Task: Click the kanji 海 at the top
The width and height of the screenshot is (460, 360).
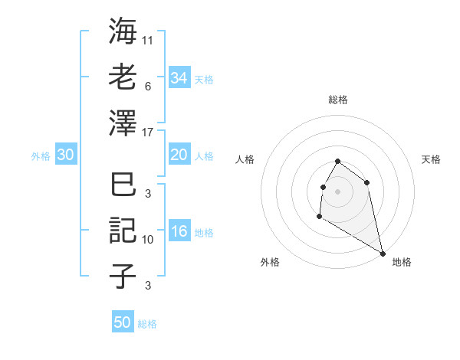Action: pyautogui.click(x=123, y=32)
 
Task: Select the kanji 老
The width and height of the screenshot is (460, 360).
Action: pyautogui.click(x=123, y=77)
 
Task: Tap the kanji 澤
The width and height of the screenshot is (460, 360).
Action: pyautogui.click(x=123, y=123)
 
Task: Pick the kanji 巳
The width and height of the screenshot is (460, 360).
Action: pyautogui.click(x=123, y=185)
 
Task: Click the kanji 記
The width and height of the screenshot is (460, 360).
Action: pyautogui.click(x=123, y=231)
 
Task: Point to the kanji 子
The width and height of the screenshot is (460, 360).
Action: pyautogui.click(x=123, y=275)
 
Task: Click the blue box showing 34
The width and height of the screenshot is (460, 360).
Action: pyautogui.click(x=179, y=78)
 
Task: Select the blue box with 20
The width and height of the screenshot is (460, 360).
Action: pyautogui.click(x=179, y=155)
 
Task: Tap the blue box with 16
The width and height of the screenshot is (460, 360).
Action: pyautogui.click(x=179, y=232)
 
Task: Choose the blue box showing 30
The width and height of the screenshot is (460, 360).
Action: pyautogui.click(x=65, y=155)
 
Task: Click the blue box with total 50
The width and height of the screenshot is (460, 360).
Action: pyautogui.click(x=123, y=322)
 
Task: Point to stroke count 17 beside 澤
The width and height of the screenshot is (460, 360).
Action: pyautogui.click(x=149, y=132)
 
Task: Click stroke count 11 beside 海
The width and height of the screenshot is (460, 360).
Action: pyautogui.click(x=148, y=38)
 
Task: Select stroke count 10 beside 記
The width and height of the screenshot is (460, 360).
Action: pyautogui.click(x=148, y=240)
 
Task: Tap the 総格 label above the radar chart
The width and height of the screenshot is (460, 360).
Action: pyautogui.click(x=337, y=100)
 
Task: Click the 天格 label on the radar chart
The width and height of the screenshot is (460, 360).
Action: pyautogui.click(x=431, y=159)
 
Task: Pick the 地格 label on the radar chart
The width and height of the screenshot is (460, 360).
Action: pyautogui.click(x=402, y=262)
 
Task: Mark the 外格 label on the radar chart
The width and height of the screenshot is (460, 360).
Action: pyautogui.click(x=270, y=262)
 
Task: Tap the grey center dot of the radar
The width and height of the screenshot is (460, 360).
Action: pyautogui.click(x=337, y=191)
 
